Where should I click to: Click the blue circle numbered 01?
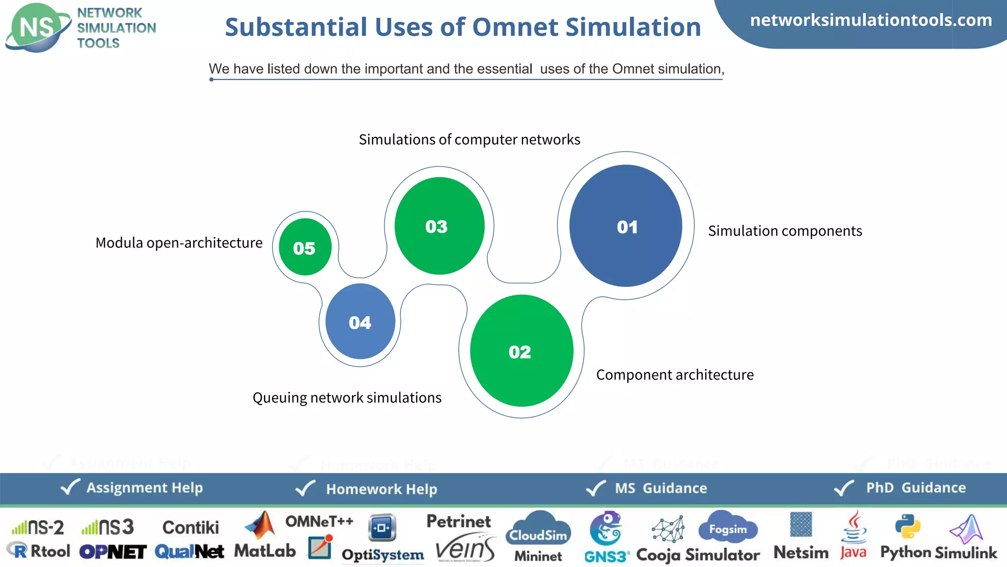pos(625,226)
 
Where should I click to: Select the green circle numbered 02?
pos(521,351)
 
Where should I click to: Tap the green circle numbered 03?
pos(439,226)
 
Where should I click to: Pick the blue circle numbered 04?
pos(360,321)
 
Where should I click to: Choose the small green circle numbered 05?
pos(305,247)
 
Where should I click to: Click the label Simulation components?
pos(785,231)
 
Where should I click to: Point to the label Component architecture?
pos(675,375)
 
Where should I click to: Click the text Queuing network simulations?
pos(347,397)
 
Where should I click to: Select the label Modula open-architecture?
pos(179,243)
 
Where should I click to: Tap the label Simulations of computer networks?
pos(469,139)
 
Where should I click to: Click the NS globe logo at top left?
pos(37,28)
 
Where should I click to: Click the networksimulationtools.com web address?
pos(871,20)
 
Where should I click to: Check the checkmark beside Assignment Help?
pos(70,487)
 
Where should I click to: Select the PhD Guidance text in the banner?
pos(916,488)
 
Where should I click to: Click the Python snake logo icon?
pos(907,526)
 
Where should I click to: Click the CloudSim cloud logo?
pos(538,529)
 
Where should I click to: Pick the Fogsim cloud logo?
pos(728,527)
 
